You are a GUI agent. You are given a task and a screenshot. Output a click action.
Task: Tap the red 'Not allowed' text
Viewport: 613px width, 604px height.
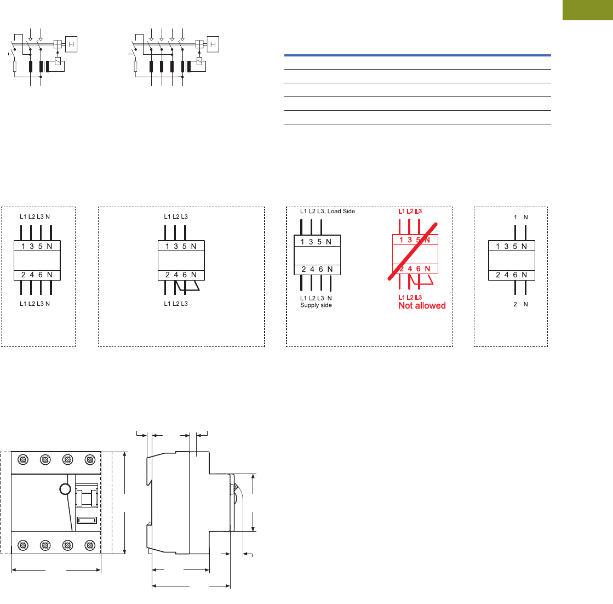422,306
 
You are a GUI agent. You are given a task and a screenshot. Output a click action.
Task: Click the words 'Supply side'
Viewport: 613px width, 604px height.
316,305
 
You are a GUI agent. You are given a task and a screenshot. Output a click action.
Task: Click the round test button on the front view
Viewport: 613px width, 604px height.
65,489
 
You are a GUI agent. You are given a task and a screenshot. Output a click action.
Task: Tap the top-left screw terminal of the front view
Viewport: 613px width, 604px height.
23,459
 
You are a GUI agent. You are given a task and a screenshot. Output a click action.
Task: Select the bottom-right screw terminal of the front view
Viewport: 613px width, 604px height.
90,545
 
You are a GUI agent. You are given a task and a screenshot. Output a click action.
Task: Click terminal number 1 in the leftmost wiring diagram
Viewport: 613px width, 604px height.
23,247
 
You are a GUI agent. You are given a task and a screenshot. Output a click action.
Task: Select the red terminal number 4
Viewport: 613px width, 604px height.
410,269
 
